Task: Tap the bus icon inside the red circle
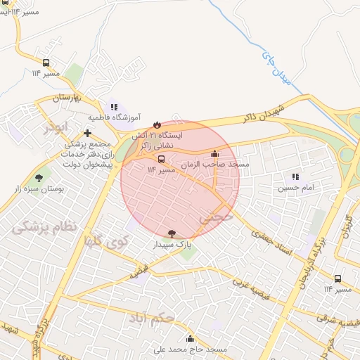tap(162, 159)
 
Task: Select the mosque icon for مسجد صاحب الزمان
tap(214, 154)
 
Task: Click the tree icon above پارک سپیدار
tap(172, 233)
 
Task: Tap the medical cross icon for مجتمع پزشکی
tap(87, 132)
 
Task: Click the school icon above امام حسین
tap(295, 176)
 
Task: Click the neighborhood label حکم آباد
tap(151, 320)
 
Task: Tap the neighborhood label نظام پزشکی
tap(44, 226)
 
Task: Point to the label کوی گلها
tap(103, 242)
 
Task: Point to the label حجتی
tap(215, 218)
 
